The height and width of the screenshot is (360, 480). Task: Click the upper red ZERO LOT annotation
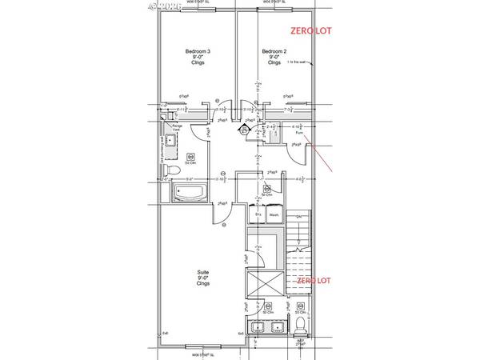[310, 32]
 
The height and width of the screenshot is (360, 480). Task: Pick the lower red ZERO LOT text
[313, 282]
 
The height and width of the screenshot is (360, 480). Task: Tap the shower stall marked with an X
[264, 284]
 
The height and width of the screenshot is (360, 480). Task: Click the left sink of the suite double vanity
[258, 328]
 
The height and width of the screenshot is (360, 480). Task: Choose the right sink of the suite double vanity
[277, 328]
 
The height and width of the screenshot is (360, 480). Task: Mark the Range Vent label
[178, 128]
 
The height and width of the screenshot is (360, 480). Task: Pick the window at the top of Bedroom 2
[274, 9]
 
